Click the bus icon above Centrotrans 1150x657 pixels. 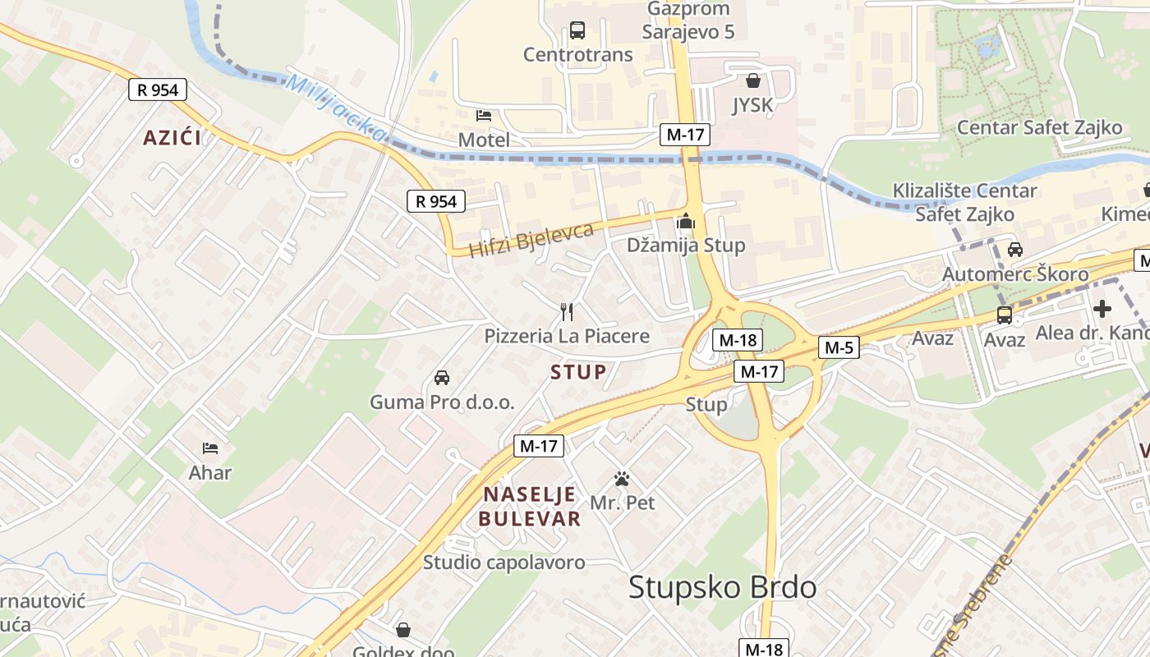(577, 31)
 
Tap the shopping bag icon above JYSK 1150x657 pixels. (752, 80)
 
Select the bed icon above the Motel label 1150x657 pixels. (484, 116)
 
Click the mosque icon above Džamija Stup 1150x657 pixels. (686, 221)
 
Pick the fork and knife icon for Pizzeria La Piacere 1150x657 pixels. (566, 311)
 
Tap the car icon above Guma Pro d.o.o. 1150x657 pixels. (442, 378)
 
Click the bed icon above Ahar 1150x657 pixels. (210, 448)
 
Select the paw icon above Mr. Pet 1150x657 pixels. (622, 479)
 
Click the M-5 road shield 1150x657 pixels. (839, 347)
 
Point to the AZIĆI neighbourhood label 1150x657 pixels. (172, 137)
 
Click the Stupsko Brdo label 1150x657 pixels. (723, 587)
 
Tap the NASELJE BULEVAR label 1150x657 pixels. (531, 507)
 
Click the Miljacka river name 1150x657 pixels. (337, 107)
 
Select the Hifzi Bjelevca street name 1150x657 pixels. (531, 239)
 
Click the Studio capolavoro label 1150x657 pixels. (504, 563)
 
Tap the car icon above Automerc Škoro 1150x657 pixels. (1015, 250)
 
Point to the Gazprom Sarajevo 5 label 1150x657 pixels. (688, 21)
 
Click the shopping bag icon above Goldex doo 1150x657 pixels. (403, 630)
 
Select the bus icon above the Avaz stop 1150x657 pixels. (1005, 315)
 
